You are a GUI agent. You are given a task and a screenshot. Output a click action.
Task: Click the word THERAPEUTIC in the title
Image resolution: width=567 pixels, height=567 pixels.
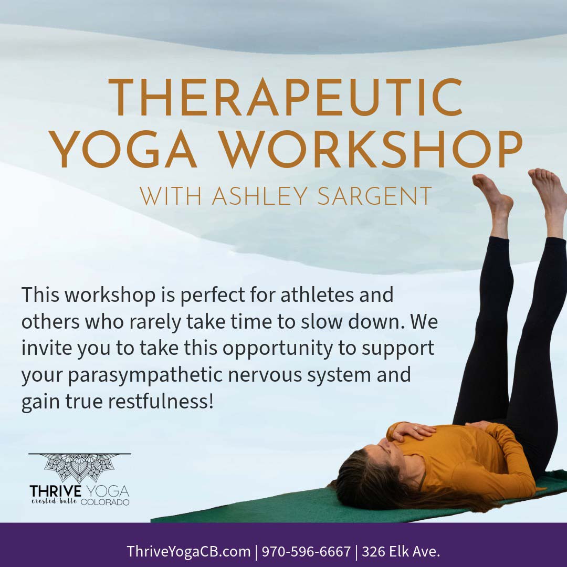tap(285, 98)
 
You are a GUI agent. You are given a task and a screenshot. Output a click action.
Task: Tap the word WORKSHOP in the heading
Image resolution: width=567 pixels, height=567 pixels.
tap(372, 150)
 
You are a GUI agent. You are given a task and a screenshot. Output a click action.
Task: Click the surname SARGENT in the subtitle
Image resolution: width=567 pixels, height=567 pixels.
tap(375, 196)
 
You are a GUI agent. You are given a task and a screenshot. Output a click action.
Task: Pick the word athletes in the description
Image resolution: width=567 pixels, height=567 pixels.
tap(316, 295)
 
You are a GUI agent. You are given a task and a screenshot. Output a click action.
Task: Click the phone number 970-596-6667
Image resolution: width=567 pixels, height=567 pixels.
tap(306, 552)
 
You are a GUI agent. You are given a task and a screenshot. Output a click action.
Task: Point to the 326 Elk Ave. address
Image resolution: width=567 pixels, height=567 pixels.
tap(401, 552)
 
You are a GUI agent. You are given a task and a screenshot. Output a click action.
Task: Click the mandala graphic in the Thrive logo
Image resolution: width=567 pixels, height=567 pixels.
tap(80, 468)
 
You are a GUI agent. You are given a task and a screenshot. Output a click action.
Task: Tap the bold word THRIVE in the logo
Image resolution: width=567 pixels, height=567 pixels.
tap(56, 492)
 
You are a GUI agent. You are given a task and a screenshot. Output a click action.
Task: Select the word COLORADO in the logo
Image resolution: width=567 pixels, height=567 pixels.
tap(105, 502)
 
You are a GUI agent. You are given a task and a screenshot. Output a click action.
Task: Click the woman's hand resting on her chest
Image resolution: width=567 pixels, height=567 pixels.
tap(413, 431)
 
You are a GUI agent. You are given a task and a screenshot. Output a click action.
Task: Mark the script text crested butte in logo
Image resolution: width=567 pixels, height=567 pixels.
tap(54, 501)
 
